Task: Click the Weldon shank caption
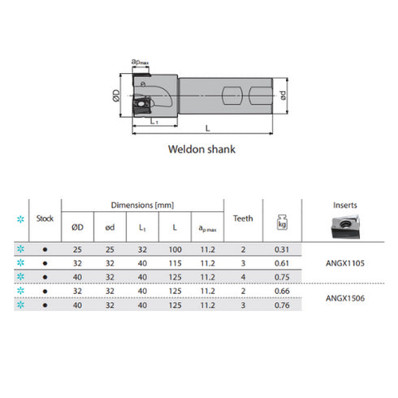point(199,149)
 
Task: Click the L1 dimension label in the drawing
point(154,120)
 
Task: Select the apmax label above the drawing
point(139,62)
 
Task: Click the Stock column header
point(45,218)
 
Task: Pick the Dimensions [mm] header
point(143,206)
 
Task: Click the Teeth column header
point(244,218)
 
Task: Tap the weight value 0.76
point(284,305)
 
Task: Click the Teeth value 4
point(244,277)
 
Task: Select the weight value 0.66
point(284,291)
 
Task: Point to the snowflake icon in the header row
point(20,218)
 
